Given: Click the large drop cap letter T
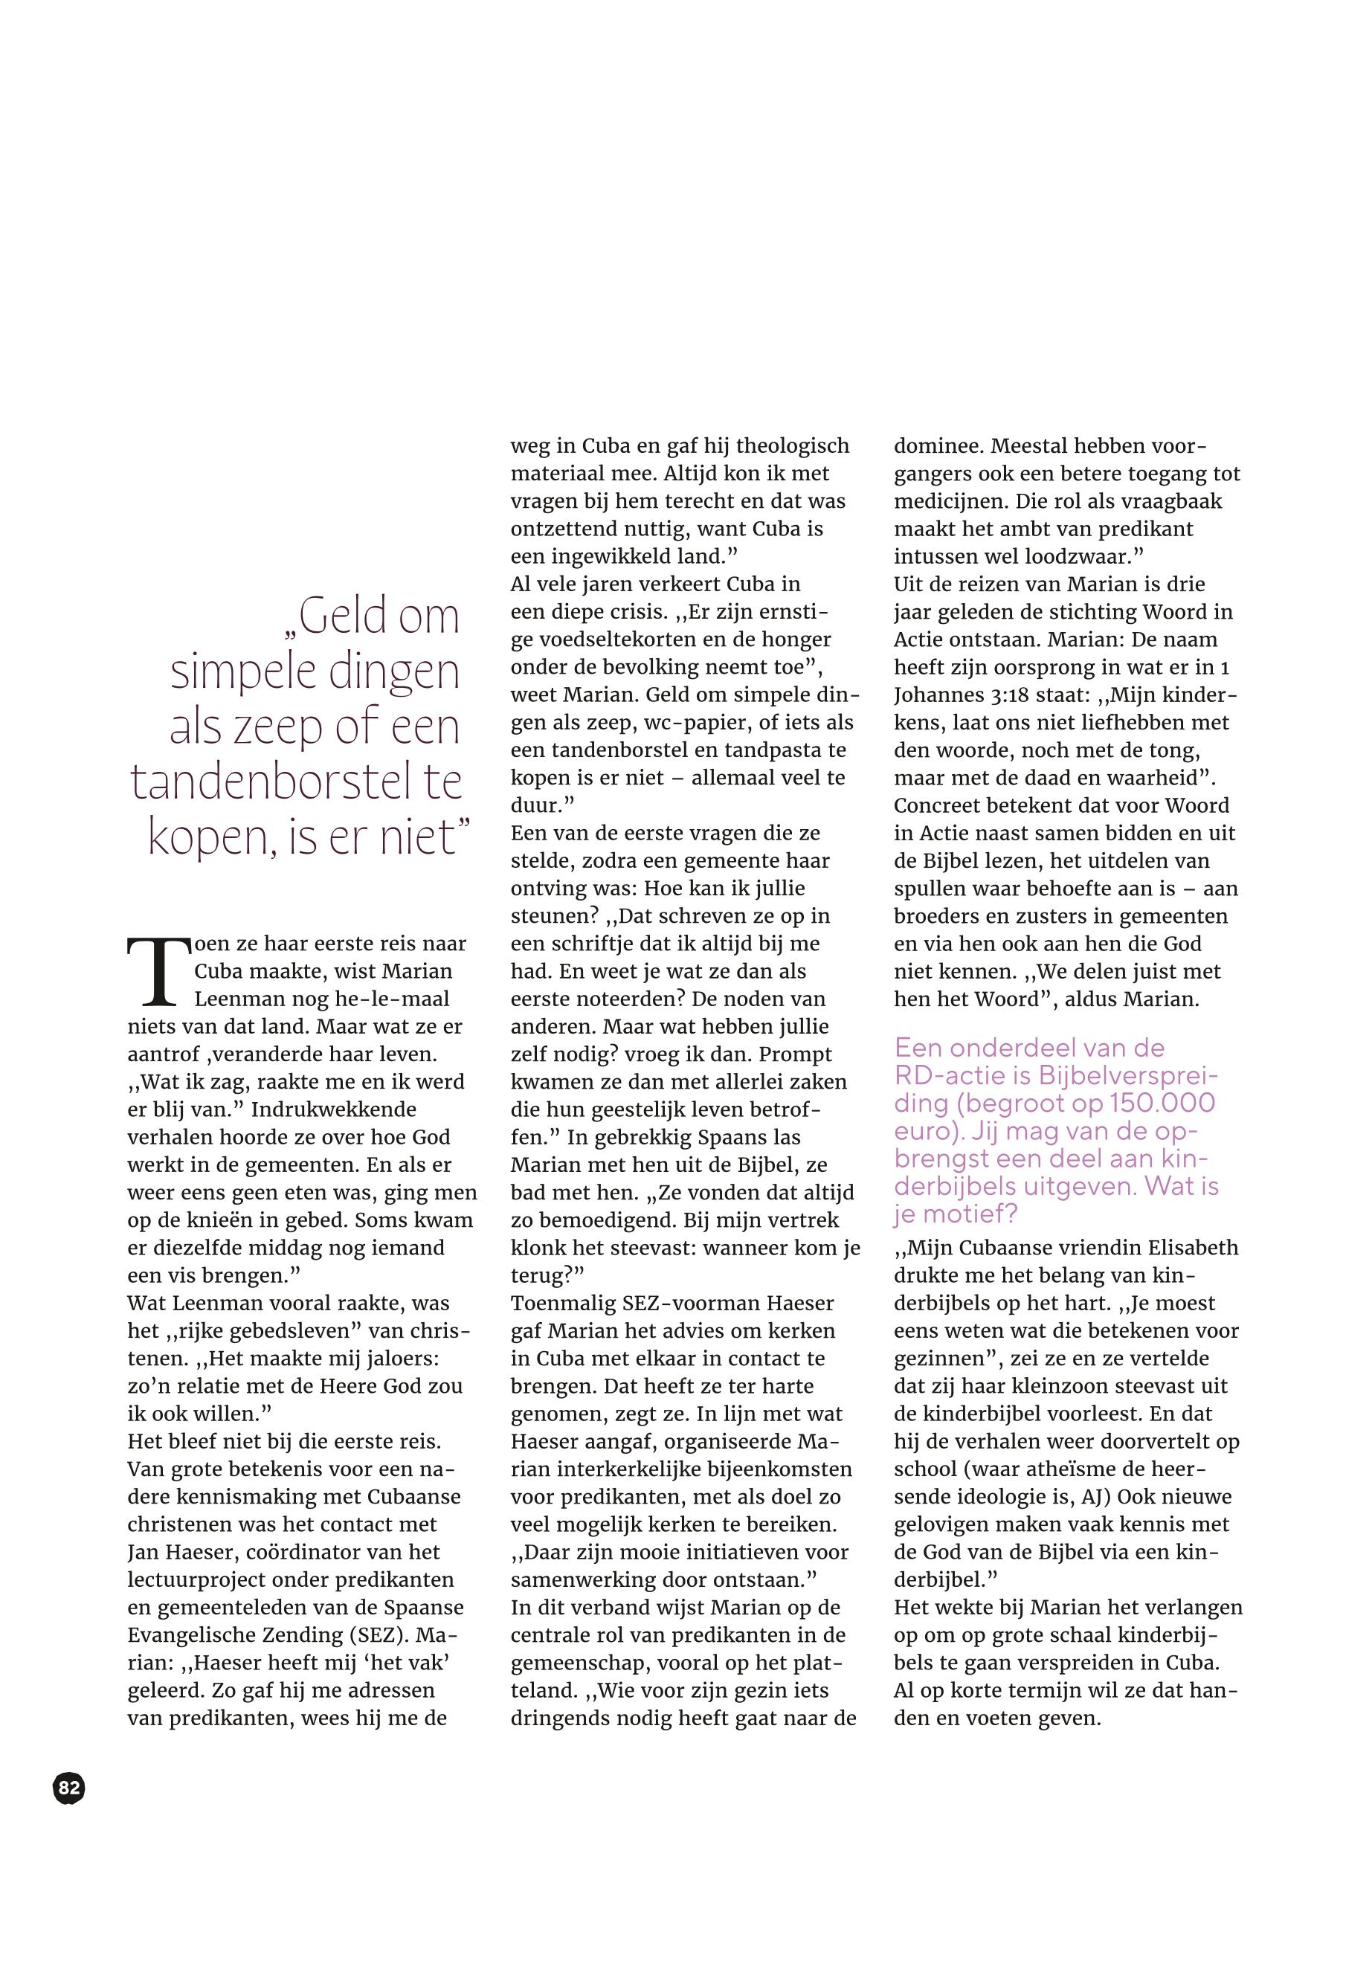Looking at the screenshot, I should coord(158,970).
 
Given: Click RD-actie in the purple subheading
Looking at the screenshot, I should coord(951,1075).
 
